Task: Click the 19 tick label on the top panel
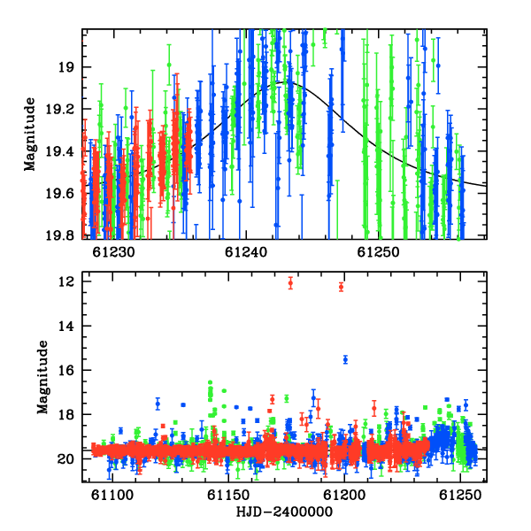click(65, 67)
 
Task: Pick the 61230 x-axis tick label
click(113, 252)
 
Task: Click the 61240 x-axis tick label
click(246, 252)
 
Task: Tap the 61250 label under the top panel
click(378, 252)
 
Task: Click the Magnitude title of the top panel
click(30, 135)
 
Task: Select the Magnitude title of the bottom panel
click(42, 377)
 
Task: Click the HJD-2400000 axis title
click(284, 512)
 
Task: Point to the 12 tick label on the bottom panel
click(65, 281)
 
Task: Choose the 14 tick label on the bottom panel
click(65, 326)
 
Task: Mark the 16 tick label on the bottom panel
click(65, 370)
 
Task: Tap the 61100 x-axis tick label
click(112, 496)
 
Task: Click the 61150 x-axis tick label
click(228, 496)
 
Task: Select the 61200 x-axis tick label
click(344, 496)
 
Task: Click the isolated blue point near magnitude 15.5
click(345, 359)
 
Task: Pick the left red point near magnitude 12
click(290, 283)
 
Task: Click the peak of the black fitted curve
click(283, 82)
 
